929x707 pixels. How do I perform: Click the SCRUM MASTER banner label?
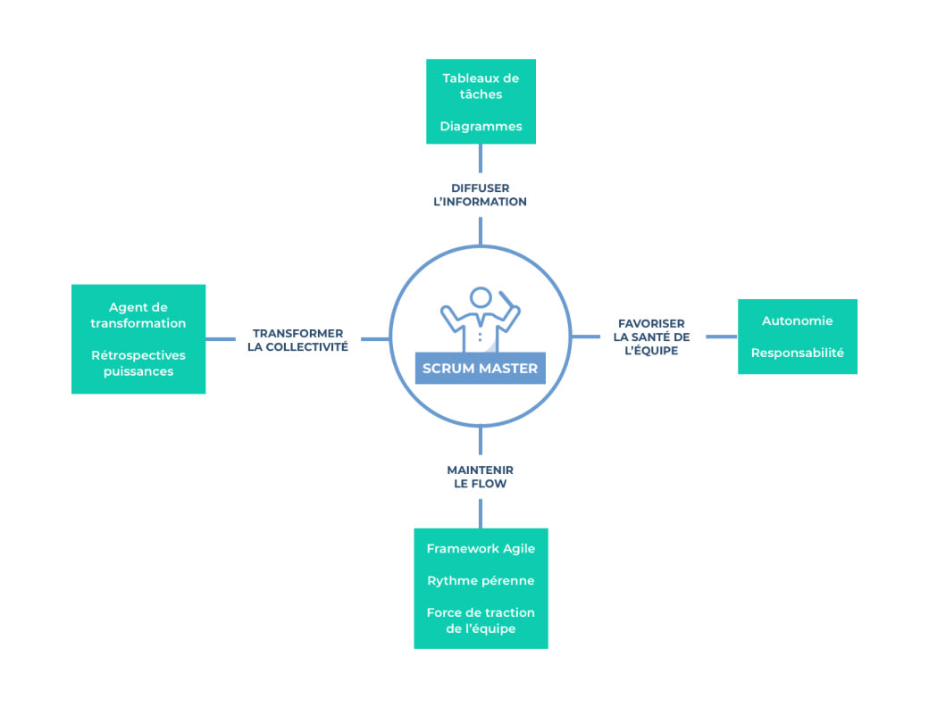[481, 368]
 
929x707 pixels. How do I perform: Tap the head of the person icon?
[481, 297]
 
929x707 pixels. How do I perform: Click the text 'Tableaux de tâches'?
[481, 86]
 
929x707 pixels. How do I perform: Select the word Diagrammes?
[481, 126]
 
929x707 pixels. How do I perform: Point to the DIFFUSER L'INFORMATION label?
[481, 195]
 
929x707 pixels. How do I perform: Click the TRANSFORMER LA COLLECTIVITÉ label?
[297, 339]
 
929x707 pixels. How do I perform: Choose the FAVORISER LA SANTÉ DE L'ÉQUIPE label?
[651, 337]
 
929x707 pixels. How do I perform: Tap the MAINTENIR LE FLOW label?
[481, 477]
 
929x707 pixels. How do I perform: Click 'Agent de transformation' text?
[138, 315]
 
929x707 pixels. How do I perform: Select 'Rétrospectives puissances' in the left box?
[138, 363]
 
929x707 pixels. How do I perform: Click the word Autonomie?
[797, 320]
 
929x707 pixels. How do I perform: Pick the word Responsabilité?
[797, 353]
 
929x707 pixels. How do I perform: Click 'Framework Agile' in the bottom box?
[481, 548]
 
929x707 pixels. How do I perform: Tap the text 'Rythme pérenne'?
[481, 580]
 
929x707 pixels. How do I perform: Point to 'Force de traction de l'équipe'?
[481, 620]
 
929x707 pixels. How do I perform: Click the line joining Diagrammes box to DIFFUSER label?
[481, 158]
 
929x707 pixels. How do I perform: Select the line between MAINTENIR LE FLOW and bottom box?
[481, 513]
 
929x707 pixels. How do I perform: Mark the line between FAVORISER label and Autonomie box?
[721, 337]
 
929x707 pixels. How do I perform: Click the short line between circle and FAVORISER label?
[585, 337]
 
